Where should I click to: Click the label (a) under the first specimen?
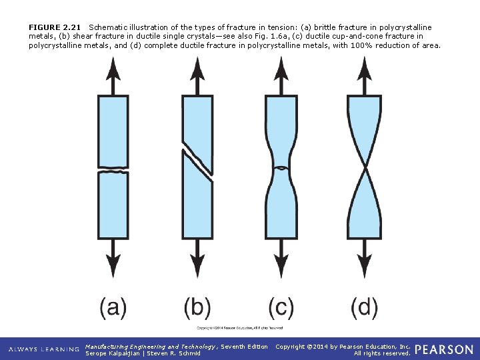(113, 307)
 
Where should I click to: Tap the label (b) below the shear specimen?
(197, 307)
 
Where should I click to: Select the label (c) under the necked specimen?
(281, 307)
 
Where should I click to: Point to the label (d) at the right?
(364, 307)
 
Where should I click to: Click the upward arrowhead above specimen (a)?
(113, 67)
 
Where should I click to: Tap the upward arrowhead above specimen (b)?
(197, 67)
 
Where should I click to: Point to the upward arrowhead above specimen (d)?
(364, 67)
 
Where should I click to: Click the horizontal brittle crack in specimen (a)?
(113, 172)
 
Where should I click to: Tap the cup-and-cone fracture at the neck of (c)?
(281, 168)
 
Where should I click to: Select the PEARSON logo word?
(443, 349)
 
